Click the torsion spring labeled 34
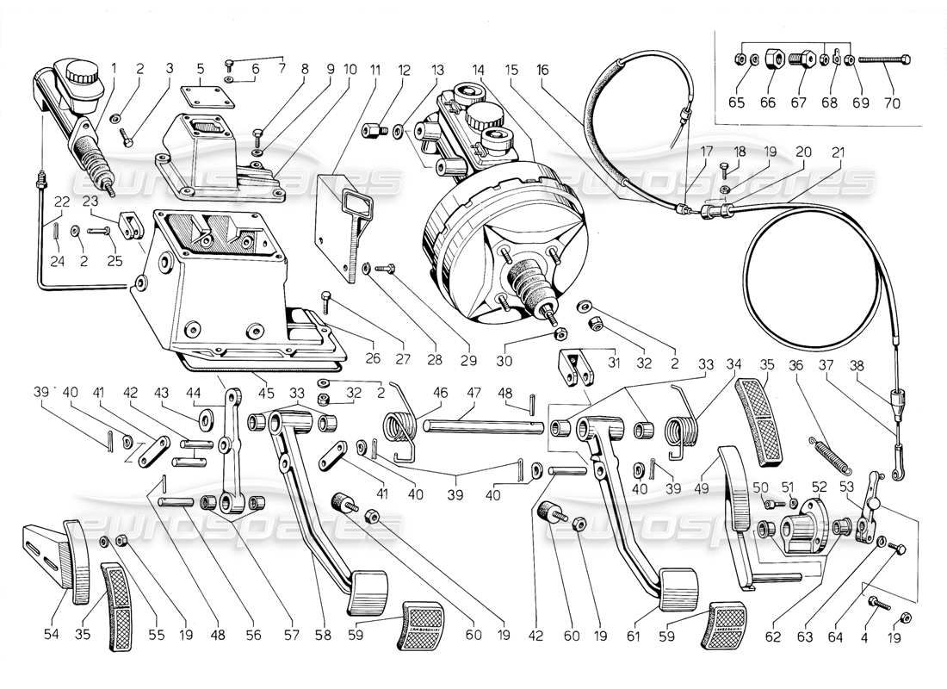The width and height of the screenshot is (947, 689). point(686,427)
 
